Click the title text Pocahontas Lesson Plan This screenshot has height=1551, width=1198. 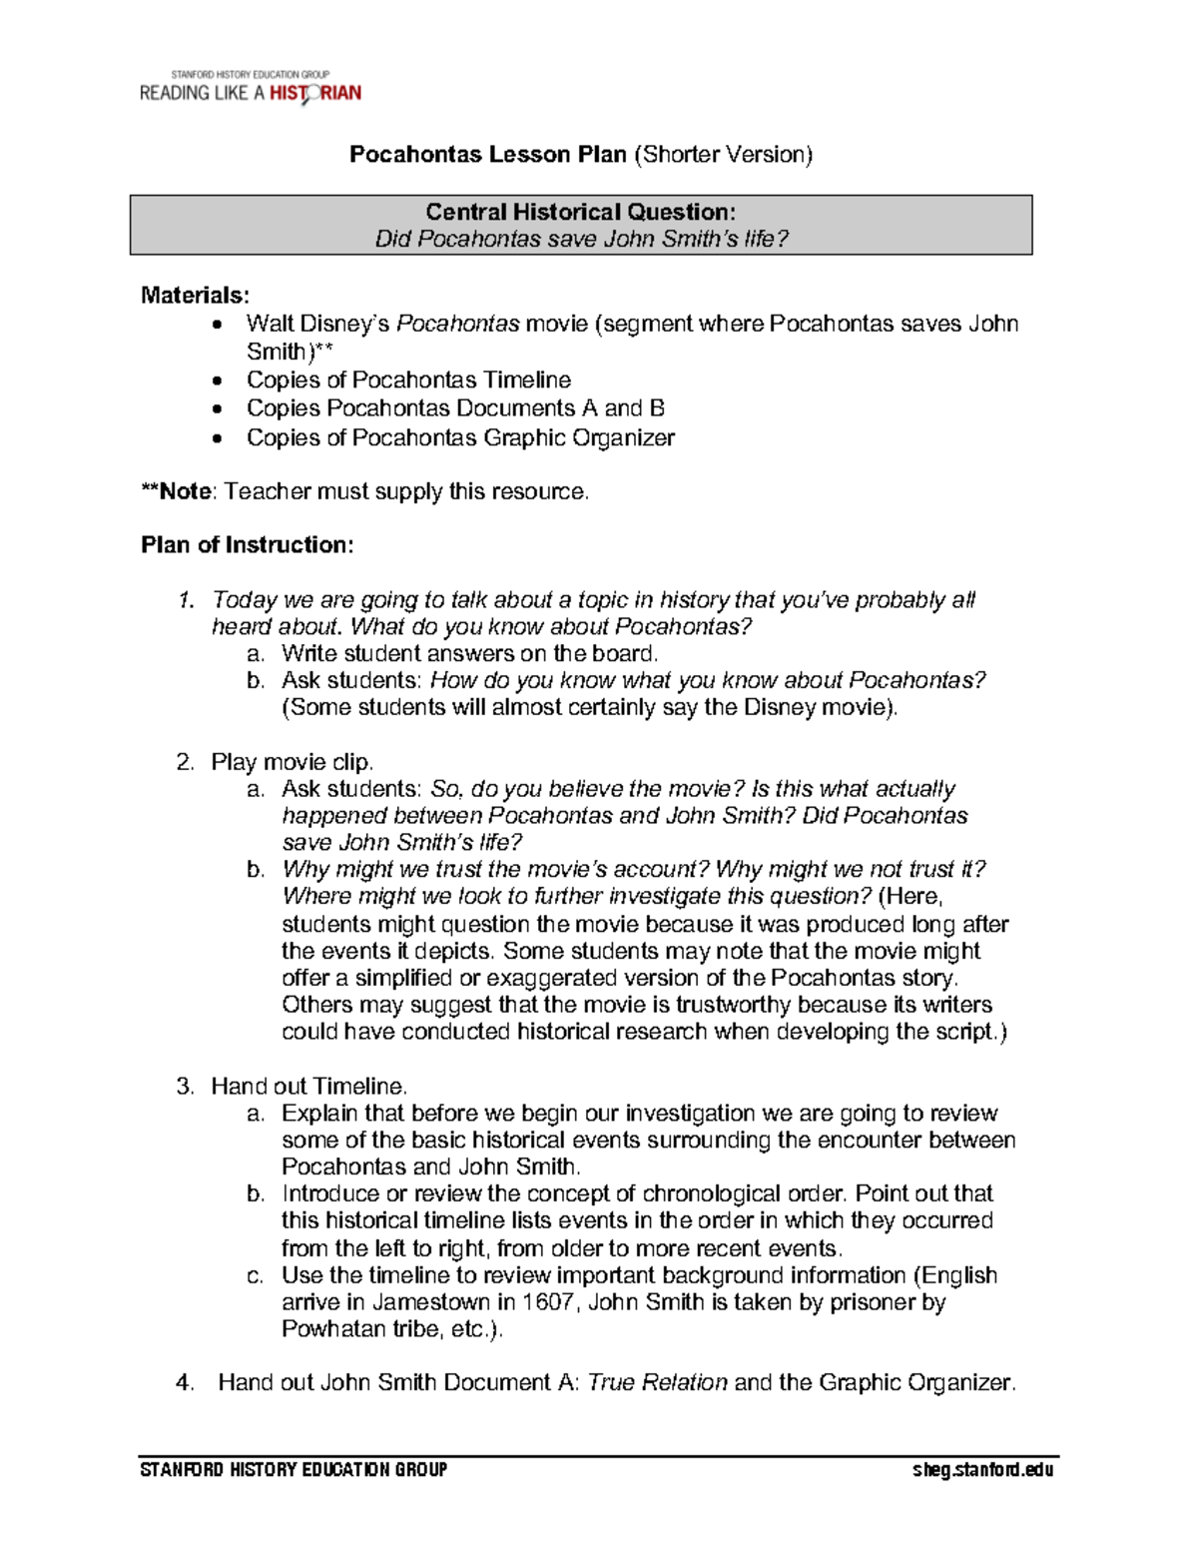[x=487, y=155]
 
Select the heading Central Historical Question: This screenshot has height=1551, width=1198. [x=580, y=212]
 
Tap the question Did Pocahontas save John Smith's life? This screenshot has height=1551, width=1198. [x=581, y=240]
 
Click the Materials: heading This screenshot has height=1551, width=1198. [x=195, y=295]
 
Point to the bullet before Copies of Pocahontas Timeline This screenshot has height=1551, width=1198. [x=218, y=381]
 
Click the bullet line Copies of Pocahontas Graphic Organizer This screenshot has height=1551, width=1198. [x=460, y=438]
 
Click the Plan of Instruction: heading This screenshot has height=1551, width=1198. [x=247, y=545]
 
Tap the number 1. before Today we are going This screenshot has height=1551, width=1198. [x=185, y=600]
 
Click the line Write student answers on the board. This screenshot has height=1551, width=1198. [x=469, y=654]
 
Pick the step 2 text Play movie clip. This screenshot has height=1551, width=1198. [x=292, y=762]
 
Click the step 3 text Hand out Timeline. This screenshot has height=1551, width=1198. [x=308, y=1087]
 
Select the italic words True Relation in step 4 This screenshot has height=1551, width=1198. [x=657, y=1383]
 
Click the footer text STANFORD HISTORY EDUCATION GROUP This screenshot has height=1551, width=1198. [x=294, y=1470]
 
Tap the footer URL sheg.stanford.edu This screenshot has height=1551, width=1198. [x=982, y=1470]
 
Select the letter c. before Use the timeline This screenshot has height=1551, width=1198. [x=256, y=1275]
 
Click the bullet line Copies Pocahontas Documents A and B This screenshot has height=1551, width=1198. [x=455, y=408]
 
